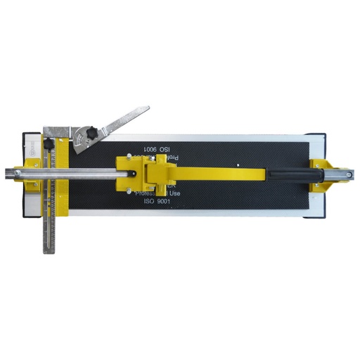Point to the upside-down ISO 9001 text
tap(157, 150)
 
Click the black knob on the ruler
tap(49, 144)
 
